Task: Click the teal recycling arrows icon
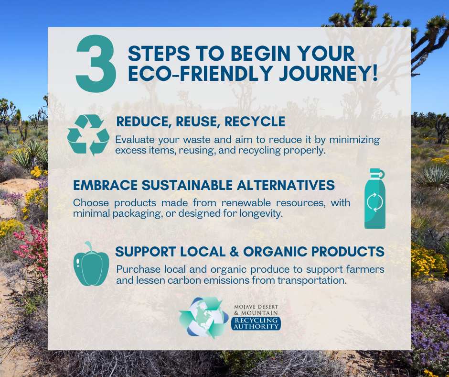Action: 88,135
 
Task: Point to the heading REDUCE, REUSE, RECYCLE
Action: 201,122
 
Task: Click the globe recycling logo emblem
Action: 203,317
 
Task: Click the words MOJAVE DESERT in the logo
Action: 256,306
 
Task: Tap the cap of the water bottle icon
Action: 375,172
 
